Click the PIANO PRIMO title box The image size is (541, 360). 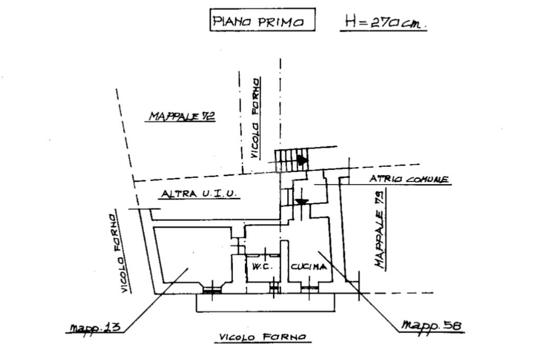pos(262,20)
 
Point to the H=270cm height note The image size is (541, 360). pos(383,22)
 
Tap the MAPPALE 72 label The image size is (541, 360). pos(182,116)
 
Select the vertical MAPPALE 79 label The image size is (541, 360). pos(380,230)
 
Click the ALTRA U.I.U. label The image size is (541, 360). pos(199,193)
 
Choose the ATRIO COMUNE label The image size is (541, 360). pos(409,179)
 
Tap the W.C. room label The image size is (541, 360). pos(262,267)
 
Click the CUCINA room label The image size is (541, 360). pos(309,267)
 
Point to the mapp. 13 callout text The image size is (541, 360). pos(95,327)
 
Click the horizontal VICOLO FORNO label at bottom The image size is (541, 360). pos(263,337)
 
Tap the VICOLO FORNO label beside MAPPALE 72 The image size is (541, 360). pos(255,118)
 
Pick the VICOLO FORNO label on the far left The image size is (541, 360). pos(119,253)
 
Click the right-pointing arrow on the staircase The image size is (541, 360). pos(303,160)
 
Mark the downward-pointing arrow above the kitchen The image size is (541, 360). pos(302,202)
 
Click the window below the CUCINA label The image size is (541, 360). pos(309,287)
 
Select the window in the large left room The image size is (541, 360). pos(212,290)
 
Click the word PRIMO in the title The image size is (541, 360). pos(281,22)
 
